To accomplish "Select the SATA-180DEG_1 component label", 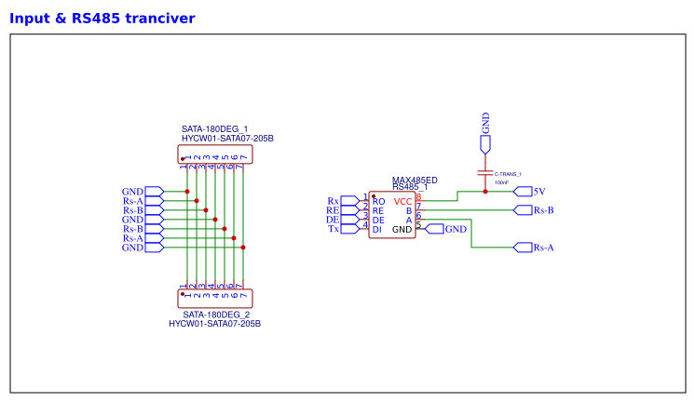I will click(214, 128).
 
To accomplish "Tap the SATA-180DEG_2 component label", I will click(216, 315).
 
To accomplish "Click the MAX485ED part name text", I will click(415, 180).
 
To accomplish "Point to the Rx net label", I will click(333, 201).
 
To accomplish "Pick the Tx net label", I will click(333, 229).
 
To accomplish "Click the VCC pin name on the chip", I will click(402, 202).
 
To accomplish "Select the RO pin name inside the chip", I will click(378, 202).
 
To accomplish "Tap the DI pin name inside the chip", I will click(377, 230).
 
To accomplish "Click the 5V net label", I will click(539, 191).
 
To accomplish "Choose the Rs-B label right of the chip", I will click(544, 210).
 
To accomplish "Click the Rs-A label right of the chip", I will click(544, 248).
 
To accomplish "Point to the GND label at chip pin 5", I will click(456, 229).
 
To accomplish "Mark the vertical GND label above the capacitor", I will click(485, 123).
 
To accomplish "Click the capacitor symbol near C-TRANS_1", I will click(484, 172).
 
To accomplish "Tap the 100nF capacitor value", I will click(501, 182).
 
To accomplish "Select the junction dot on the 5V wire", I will click(485, 192).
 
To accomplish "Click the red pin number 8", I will click(418, 196).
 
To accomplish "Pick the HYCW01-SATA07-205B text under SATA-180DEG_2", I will click(214, 324).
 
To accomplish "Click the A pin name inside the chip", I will click(408, 221).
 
